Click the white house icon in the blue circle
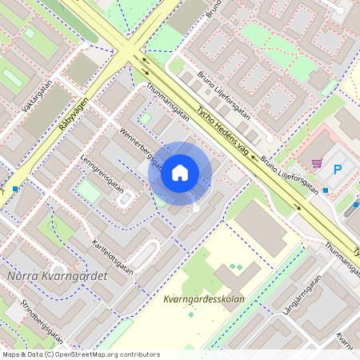click(180, 173)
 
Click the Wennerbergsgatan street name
click(141, 147)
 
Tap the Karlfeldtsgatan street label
click(112, 255)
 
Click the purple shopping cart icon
click(317, 164)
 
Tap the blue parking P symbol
click(337, 169)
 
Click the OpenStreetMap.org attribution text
click(104, 354)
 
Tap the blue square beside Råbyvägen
click(14, 189)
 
